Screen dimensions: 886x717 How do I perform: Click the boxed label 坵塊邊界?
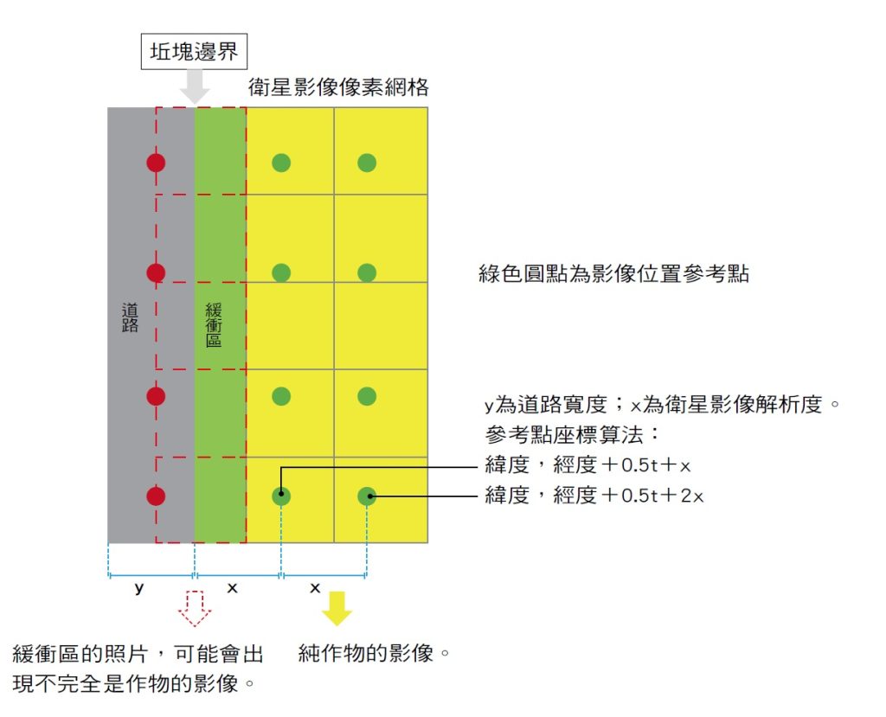click(194, 51)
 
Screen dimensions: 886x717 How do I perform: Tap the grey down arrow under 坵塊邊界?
click(195, 86)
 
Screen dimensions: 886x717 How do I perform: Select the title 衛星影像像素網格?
click(338, 87)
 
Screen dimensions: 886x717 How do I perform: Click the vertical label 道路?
click(130, 317)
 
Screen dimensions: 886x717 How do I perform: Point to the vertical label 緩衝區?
click(214, 324)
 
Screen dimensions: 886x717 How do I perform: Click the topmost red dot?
click(156, 163)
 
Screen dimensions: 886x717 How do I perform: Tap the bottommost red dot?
click(156, 496)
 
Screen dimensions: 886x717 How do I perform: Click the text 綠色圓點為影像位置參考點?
click(613, 273)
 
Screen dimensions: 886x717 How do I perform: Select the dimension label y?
click(139, 588)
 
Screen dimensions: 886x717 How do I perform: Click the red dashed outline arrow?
click(195, 609)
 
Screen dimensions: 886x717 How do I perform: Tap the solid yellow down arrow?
click(337, 609)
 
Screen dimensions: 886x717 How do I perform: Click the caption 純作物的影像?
click(374, 653)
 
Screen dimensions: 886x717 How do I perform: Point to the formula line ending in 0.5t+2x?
click(594, 496)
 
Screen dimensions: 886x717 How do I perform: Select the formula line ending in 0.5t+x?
click(587, 465)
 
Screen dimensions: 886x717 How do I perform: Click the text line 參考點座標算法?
click(573, 434)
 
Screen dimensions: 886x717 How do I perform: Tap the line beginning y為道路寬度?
click(662, 404)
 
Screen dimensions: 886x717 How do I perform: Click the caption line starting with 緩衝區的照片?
click(138, 654)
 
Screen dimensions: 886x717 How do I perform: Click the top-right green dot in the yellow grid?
click(367, 163)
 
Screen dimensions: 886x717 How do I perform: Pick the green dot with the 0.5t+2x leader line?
click(367, 496)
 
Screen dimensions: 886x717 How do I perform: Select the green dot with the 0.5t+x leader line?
click(281, 496)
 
